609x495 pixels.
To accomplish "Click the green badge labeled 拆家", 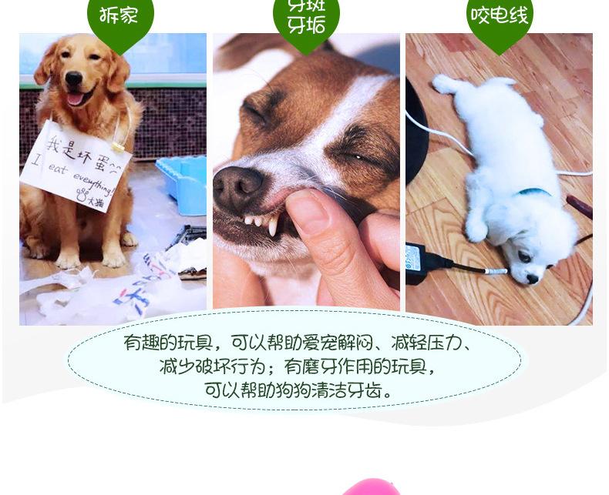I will tap(119, 17).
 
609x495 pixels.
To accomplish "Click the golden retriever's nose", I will tap(74, 78).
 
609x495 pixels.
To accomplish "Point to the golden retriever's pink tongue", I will tap(76, 99).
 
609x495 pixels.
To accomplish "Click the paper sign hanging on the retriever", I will tap(76, 164).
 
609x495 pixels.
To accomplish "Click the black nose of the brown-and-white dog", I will tap(236, 189).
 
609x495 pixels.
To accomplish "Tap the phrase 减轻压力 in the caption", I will tap(426, 343).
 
